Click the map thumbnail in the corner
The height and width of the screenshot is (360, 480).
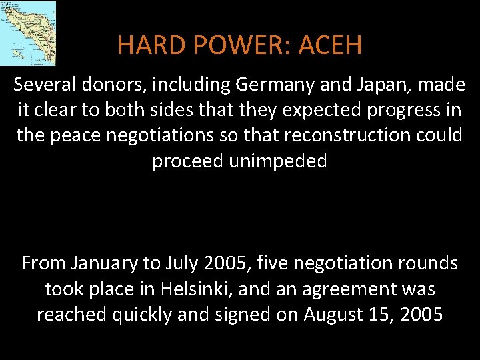27,33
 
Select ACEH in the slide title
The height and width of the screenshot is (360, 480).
331,45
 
